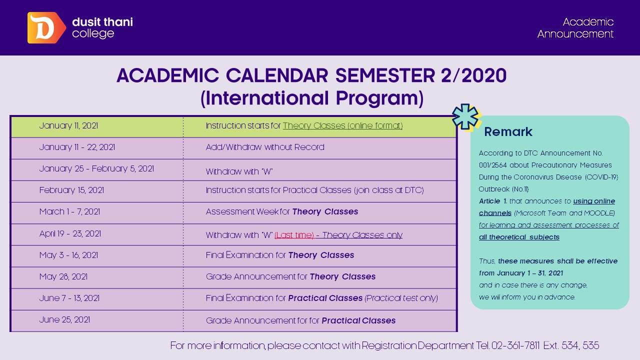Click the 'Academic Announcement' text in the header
click(x=575, y=28)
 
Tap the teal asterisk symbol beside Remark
click(x=465, y=117)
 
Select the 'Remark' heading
click(x=508, y=132)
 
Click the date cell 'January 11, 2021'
click(x=68, y=126)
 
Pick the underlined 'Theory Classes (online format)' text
click(x=342, y=126)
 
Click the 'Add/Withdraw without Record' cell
click(x=265, y=147)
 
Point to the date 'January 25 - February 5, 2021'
click(x=96, y=169)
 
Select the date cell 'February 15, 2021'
click(x=71, y=190)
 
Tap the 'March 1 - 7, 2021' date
click(x=69, y=212)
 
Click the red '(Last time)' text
click(x=294, y=235)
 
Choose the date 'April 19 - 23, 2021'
click(x=70, y=233)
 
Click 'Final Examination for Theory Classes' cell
click(x=280, y=255)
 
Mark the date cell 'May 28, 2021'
click(x=63, y=276)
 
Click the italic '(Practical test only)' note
click(x=401, y=298)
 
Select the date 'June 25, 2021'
click(x=64, y=319)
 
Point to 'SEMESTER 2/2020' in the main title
click(x=420, y=75)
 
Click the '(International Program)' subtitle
click(x=311, y=98)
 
